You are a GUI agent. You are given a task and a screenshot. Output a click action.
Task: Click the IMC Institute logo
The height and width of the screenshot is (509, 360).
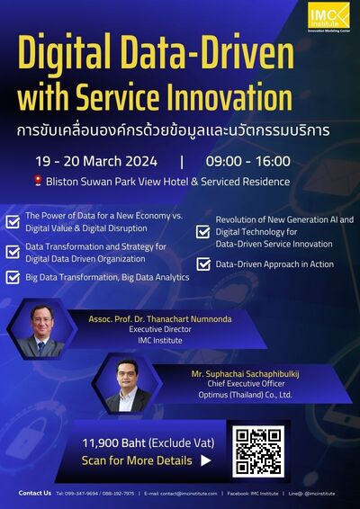pyautogui.click(x=328, y=16)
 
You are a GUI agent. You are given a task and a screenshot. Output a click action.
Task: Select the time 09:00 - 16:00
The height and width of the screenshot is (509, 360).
pyautogui.click(x=247, y=162)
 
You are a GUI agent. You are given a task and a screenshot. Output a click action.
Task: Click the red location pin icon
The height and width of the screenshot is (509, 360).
pyautogui.click(x=39, y=182)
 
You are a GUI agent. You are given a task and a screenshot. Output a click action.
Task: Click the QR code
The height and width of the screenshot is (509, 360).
pyautogui.click(x=260, y=451)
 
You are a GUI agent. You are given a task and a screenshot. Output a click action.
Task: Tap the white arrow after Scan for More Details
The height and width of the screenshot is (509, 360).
pyautogui.click(x=206, y=460)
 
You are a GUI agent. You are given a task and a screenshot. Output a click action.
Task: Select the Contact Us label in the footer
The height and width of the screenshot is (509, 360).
pyautogui.click(x=34, y=493)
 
